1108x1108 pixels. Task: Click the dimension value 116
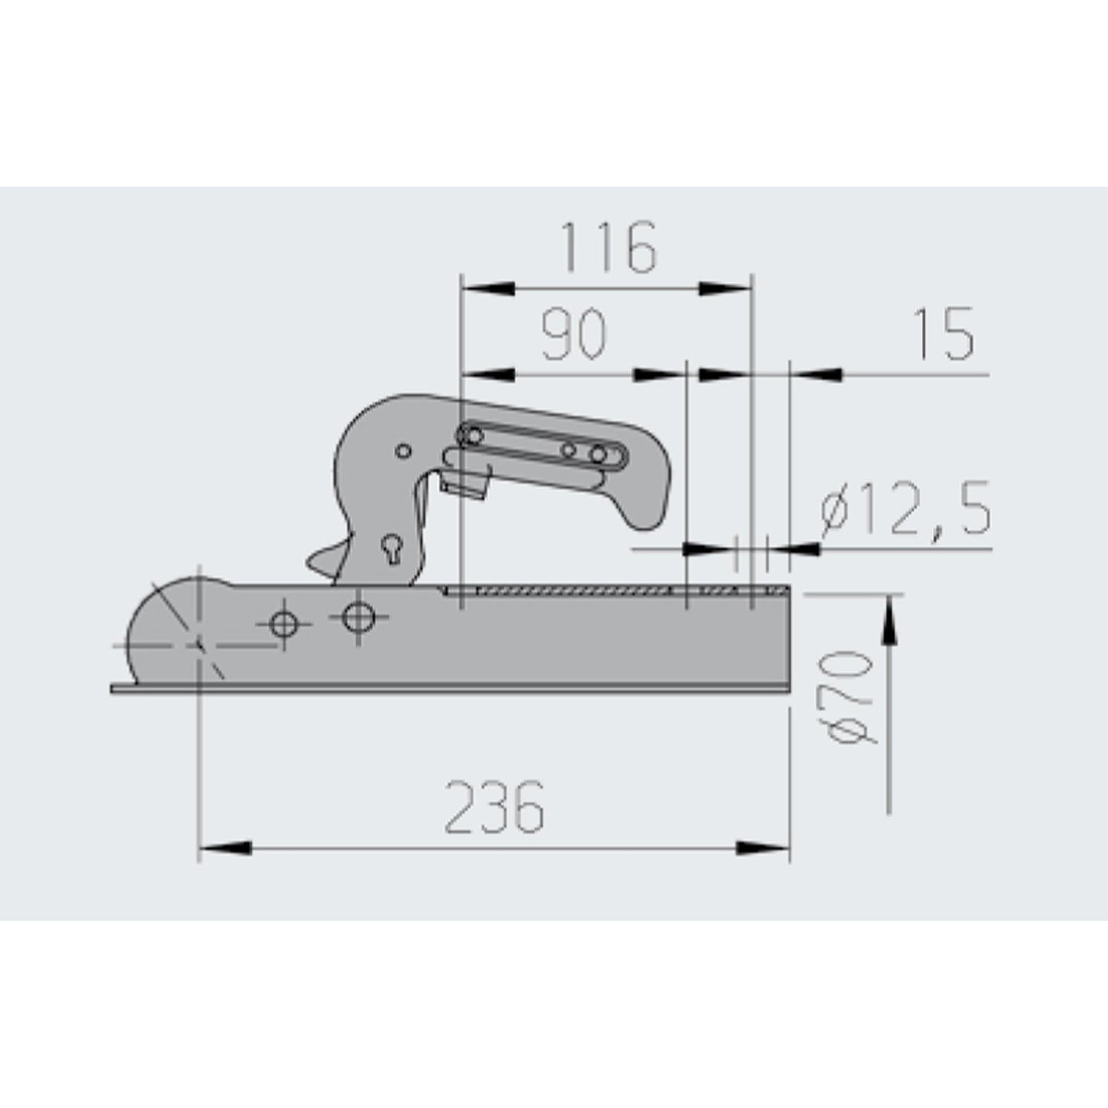[x=610, y=248]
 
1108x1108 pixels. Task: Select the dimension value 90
[x=574, y=335]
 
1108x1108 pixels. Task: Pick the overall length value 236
[x=495, y=807]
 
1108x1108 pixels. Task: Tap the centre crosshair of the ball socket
[x=199, y=645]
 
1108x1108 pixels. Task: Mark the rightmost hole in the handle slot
[x=598, y=454]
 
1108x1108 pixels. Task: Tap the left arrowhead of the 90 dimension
[x=488, y=375]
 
